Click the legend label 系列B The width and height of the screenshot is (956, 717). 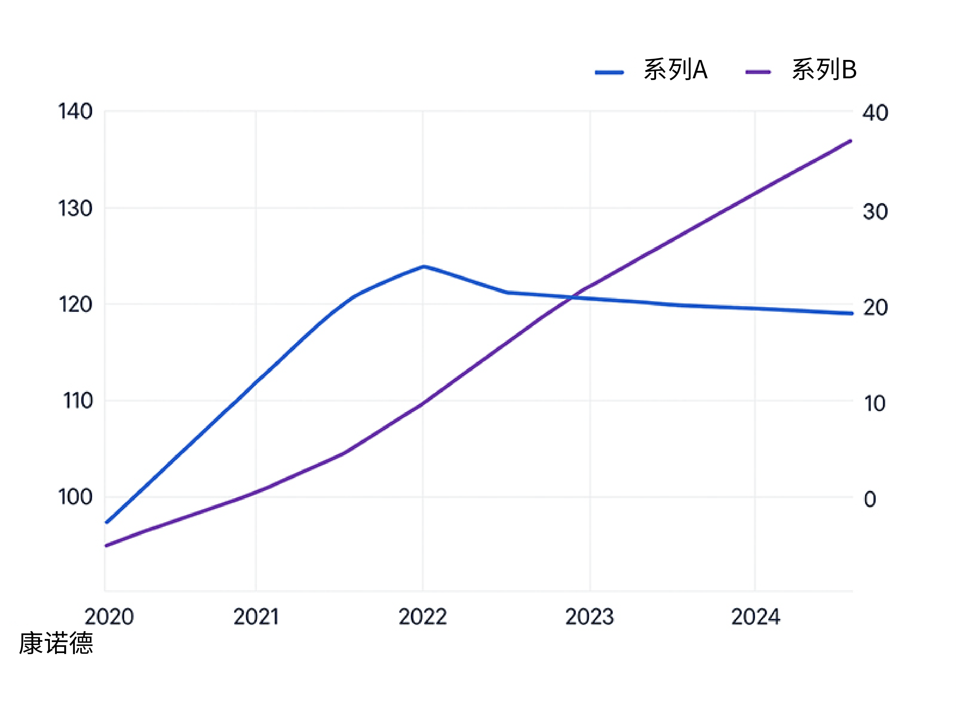pyautogui.click(x=824, y=70)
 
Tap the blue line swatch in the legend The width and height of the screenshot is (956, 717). pyautogui.click(x=609, y=72)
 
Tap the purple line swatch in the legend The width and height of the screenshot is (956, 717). pyautogui.click(x=758, y=72)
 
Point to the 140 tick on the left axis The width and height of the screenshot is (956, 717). pyautogui.click(x=75, y=112)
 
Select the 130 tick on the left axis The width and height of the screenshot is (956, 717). pyautogui.click(x=75, y=209)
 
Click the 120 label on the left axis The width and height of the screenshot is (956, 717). pyautogui.click(x=75, y=305)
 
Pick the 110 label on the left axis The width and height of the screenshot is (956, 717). pyautogui.click(x=78, y=401)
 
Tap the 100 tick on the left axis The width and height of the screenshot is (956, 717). pyautogui.click(x=75, y=497)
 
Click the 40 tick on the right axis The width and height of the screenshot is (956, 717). pyautogui.click(x=875, y=113)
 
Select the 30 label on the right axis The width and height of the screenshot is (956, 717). pyautogui.click(x=875, y=212)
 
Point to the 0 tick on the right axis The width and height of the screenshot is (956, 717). pyautogui.click(x=870, y=499)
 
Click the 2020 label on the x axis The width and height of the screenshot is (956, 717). pyautogui.click(x=109, y=617)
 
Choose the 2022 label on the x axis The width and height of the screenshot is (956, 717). pyautogui.click(x=423, y=617)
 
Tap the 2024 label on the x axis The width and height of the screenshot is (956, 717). pyautogui.click(x=756, y=617)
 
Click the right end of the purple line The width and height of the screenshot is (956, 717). pyautogui.click(x=850, y=141)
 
